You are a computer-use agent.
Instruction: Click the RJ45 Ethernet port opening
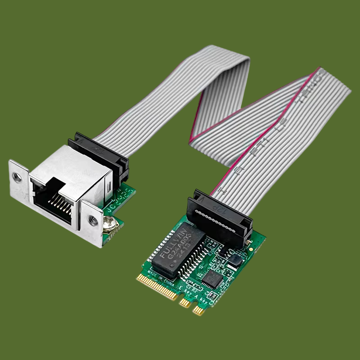pos(53,200)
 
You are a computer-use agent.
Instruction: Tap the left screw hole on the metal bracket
pos(17,177)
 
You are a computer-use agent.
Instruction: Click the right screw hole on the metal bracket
pos(93,220)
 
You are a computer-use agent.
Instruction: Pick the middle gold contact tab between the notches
pos(185,303)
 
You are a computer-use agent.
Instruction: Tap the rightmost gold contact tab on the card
pos(198,310)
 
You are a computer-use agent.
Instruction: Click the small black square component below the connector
pos(234,260)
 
